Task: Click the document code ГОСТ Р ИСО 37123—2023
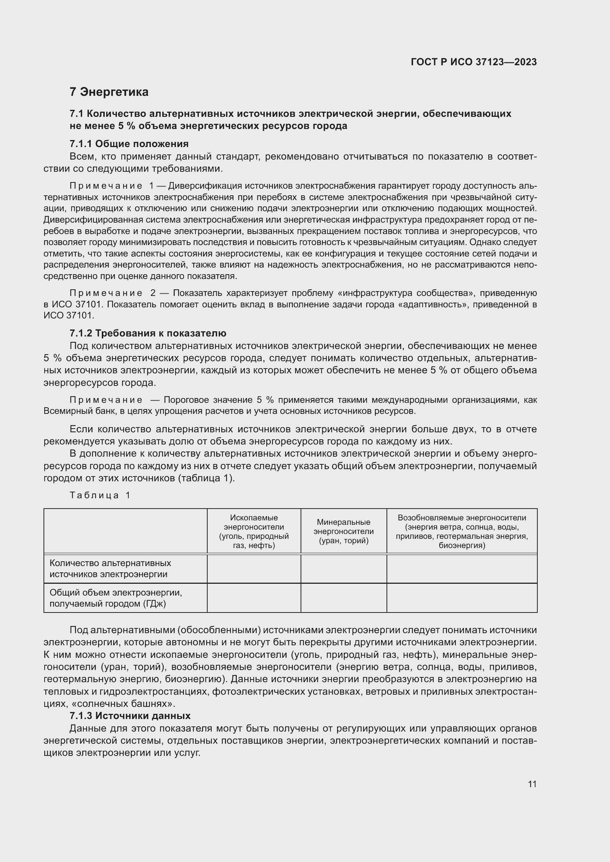(474, 62)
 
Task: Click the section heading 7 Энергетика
(109, 92)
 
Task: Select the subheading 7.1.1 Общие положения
(129, 144)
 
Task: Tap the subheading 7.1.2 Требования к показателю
(148, 334)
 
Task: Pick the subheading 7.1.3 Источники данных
(130, 716)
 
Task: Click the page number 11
(532, 784)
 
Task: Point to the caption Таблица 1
(100, 495)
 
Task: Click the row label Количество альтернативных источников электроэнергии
(110, 568)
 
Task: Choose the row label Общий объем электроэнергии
(115, 598)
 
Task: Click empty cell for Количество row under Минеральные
(343, 568)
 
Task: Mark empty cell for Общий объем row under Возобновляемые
(462, 598)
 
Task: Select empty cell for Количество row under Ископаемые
(254, 568)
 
